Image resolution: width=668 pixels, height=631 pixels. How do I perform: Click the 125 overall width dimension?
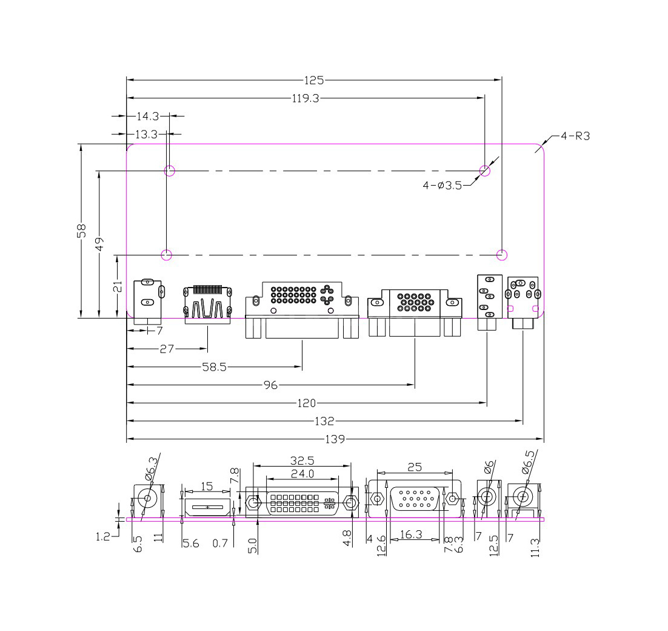pos(314,80)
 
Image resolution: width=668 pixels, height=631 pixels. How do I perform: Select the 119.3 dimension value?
pos(306,98)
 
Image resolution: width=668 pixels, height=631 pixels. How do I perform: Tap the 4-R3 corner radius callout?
pos(575,136)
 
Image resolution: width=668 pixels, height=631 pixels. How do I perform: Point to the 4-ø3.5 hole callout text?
pos(443,186)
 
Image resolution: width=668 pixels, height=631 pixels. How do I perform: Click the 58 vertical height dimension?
pos(82,231)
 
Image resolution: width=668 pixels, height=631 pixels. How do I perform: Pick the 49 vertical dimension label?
pos(100,245)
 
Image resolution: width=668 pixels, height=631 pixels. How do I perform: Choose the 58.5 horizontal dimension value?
pos(215,367)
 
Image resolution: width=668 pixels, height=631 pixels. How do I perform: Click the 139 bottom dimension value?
pos(335,439)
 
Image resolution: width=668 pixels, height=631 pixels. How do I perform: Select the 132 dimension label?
pos(324,421)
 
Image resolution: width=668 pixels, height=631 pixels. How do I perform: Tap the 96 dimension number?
pos(270,385)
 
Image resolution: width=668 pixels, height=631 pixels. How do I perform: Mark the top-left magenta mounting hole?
pos(170,171)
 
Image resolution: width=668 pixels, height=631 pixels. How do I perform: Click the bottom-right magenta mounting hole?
pos(503,255)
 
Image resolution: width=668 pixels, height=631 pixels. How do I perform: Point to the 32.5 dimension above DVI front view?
pos(302,461)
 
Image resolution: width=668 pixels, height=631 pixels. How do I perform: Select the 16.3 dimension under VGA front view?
pos(411,534)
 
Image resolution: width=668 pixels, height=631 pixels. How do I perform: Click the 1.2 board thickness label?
pos(103,537)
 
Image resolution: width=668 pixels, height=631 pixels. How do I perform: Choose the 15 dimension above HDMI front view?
pos(207,487)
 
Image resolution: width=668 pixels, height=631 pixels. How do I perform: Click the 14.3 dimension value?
pos(148,116)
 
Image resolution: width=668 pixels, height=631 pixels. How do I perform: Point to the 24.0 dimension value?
pos(302,474)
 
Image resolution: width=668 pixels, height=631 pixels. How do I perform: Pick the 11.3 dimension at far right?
pos(535,548)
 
